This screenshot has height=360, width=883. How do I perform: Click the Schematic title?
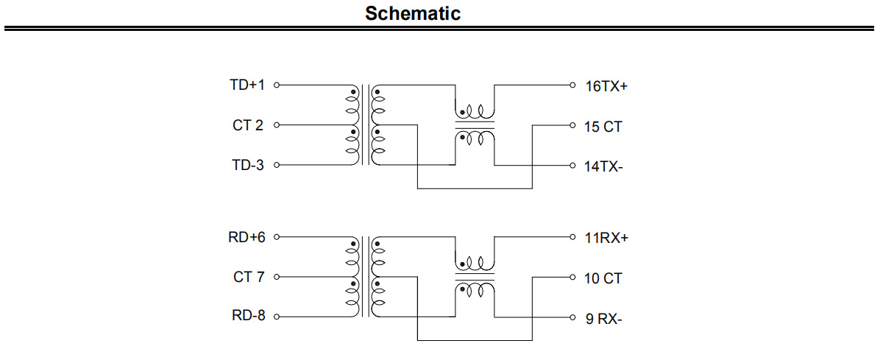click(x=413, y=13)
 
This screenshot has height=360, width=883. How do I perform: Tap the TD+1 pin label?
click(x=247, y=85)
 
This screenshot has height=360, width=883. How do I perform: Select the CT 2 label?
click(x=247, y=125)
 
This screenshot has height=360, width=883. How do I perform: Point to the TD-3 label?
click(x=247, y=165)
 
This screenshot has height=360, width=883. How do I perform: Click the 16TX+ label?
click(x=606, y=86)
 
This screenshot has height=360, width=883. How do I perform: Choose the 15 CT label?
click(x=603, y=127)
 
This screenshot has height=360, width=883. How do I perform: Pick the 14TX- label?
click(x=603, y=167)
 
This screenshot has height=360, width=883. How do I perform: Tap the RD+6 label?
click(x=247, y=237)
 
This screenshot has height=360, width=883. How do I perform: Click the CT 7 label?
click(x=249, y=278)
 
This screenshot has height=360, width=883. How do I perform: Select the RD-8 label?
click(x=249, y=315)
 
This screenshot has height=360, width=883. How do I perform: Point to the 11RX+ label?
click(x=606, y=239)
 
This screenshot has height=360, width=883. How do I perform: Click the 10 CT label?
click(x=603, y=279)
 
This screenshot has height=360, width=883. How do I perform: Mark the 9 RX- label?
click(x=603, y=319)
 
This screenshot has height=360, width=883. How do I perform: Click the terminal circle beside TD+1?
click(x=277, y=85)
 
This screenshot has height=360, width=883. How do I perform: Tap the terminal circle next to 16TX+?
click(x=572, y=85)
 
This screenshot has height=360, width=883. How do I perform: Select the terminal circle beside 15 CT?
click(x=572, y=125)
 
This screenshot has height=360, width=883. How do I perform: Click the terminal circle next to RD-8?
click(x=277, y=317)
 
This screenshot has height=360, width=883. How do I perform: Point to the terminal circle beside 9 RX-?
click(x=572, y=317)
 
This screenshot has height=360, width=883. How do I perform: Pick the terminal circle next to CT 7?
click(x=277, y=277)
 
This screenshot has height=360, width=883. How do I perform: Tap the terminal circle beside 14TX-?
click(x=572, y=165)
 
